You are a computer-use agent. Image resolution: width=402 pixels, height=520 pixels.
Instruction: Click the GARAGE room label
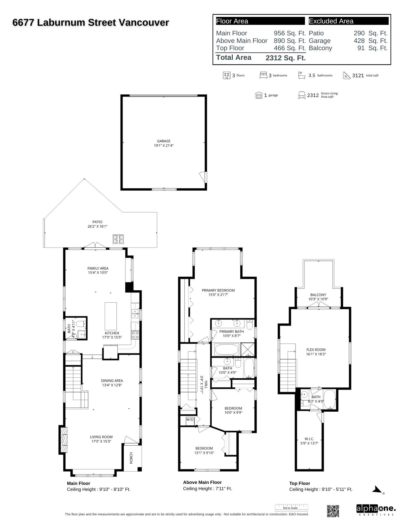click(164, 141)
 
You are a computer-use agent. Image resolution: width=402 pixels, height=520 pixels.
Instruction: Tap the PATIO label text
click(97, 222)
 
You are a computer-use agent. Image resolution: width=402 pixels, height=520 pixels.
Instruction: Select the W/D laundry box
click(190, 420)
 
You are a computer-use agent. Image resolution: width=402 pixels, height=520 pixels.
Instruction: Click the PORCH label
click(131, 458)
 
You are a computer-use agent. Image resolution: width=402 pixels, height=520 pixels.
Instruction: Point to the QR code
click(333, 511)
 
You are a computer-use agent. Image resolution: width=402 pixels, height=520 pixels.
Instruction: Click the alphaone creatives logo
click(376, 510)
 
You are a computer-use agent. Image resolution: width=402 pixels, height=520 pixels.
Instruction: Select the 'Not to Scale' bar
click(291, 507)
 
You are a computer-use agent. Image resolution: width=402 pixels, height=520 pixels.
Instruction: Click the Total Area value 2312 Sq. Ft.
click(285, 58)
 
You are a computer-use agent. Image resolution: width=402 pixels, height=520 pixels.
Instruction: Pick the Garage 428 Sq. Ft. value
click(371, 41)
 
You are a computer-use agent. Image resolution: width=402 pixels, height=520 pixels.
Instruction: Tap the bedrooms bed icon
click(263, 75)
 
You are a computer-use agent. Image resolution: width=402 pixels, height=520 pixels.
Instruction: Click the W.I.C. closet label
click(309, 439)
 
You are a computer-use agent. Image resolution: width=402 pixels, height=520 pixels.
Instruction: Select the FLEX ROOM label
click(316, 350)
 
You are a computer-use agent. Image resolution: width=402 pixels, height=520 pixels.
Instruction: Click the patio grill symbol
click(118, 239)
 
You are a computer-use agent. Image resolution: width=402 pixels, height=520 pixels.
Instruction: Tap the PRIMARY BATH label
click(232, 331)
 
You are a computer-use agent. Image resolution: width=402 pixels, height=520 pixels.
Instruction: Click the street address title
click(91, 23)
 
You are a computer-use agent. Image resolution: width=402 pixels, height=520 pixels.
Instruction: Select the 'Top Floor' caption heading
click(300, 483)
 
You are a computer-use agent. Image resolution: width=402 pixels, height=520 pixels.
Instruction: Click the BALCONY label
click(318, 295)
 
